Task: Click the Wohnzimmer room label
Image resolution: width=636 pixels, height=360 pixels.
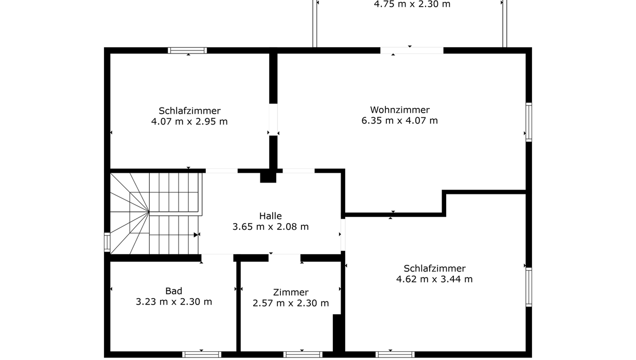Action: pos(400,110)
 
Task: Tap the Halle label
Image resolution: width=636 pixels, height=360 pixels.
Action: pos(270,216)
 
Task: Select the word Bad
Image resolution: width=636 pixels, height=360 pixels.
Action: pos(174,291)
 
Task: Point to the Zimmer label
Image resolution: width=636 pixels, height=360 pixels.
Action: pos(291,292)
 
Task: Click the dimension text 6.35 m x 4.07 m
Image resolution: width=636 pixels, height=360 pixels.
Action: pos(399,120)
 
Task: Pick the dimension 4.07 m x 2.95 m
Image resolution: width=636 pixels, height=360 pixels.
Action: pos(189,121)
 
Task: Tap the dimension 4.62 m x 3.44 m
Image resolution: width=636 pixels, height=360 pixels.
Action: pos(434,279)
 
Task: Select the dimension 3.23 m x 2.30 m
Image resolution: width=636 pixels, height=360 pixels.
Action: pos(174,301)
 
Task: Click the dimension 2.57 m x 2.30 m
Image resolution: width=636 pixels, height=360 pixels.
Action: pos(291,303)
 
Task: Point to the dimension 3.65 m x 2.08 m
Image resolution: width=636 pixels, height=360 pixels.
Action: pos(270,227)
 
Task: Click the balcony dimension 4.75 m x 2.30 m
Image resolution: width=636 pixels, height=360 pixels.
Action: pos(412,4)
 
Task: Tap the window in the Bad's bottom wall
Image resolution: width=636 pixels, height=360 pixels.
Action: pos(202,355)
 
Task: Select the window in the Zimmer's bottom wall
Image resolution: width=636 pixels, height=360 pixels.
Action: pos(303,355)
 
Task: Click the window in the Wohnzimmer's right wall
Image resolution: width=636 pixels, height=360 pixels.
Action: pos(528,122)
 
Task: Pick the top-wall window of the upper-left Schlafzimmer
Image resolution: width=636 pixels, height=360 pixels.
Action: pos(187,50)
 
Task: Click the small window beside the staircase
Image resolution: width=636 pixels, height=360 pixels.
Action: pos(107,242)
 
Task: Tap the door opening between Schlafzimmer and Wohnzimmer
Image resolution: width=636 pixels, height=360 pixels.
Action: pos(273,119)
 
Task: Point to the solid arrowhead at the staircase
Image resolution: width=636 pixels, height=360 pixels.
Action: pos(196,235)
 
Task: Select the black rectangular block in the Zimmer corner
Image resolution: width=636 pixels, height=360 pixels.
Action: pos(337,333)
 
